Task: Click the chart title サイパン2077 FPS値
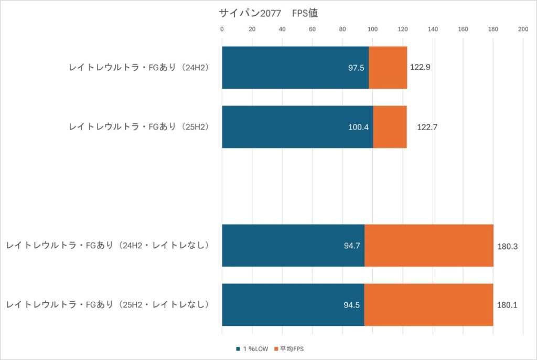coord(268,13)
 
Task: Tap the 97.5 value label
coord(357,68)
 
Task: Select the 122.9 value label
coord(420,68)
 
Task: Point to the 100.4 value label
coord(358,127)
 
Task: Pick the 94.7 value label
coord(351,246)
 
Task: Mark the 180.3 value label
coord(508,246)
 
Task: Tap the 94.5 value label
coord(351,305)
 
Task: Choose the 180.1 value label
coord(507,305)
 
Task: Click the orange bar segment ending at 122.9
coord(388,68)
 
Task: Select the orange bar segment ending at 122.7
coord(390,127)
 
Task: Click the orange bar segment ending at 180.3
coord(429,246)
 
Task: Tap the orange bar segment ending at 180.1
coord(428,305)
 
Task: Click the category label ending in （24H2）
coord(139,68)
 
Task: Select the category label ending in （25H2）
coord(139,127)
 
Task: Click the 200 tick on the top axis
coord(523,29)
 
